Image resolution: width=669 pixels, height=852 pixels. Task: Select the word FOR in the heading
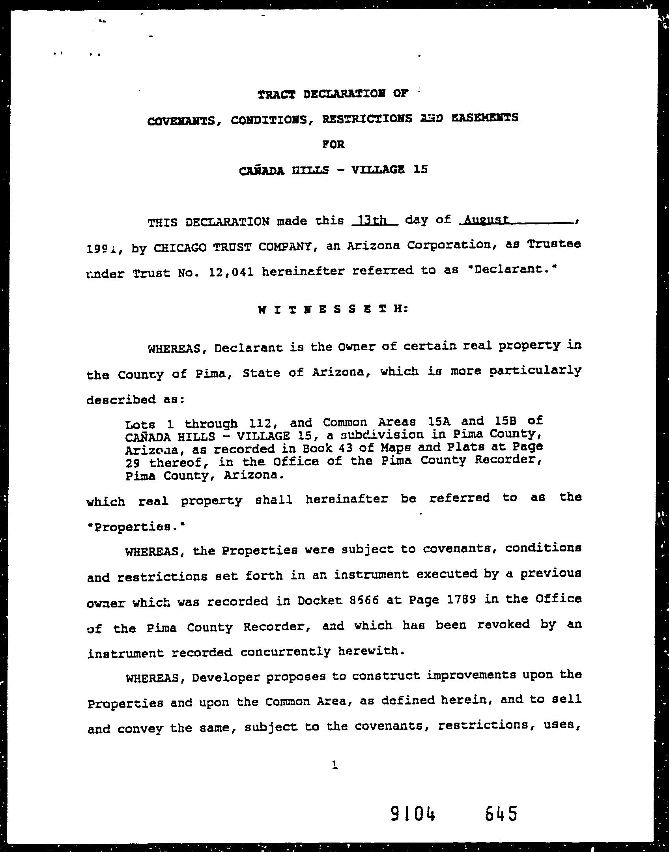click(333, 145)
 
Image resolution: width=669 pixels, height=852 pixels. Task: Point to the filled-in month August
click(486, 219)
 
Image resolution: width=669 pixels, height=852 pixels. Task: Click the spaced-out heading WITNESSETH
click(333, 310)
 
